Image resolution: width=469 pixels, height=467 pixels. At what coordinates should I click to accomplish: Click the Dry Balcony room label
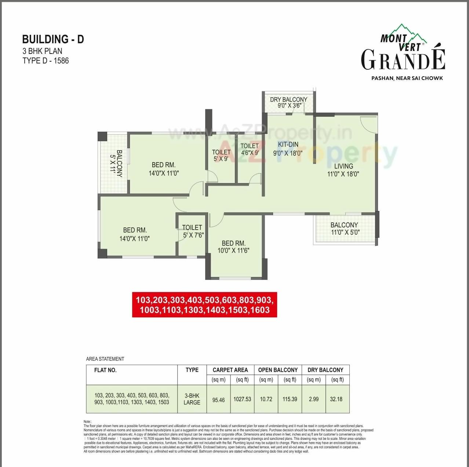288,99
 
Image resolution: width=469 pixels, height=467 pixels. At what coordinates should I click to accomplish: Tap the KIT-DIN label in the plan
288,145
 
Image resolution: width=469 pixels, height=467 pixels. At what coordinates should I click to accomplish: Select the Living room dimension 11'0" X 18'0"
343,174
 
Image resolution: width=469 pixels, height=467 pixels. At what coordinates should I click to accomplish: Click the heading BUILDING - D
53,39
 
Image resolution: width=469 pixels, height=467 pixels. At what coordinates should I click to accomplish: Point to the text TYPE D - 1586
46,61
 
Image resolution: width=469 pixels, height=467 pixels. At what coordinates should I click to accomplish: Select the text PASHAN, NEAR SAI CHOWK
407,78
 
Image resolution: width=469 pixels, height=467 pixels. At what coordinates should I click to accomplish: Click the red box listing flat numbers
204,304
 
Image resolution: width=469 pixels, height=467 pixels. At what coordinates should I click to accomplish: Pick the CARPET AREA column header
230,370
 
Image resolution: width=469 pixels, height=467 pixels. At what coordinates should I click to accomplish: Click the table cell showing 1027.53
242,399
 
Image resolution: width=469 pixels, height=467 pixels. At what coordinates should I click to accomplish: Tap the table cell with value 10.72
266,399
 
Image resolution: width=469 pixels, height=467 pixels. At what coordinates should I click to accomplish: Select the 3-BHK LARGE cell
192,399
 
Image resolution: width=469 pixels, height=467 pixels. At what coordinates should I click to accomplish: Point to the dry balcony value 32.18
336,399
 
